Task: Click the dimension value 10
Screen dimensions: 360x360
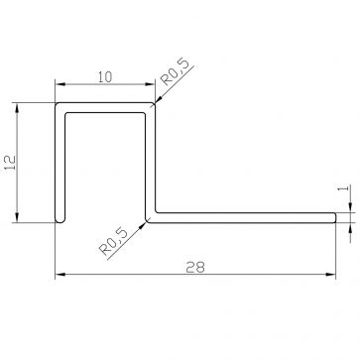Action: (x=103, y=72)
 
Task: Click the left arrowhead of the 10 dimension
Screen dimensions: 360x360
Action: (x=59, y=83)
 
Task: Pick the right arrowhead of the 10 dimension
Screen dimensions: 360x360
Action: (x=148, y=83)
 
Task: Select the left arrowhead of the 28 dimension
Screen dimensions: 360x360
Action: (x=59, y=274)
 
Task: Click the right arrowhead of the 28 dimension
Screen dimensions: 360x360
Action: (x=331, y=274)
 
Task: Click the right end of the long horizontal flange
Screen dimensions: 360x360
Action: (x=332, y=215)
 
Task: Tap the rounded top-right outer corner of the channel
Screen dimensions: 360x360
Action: (x=155, y=104)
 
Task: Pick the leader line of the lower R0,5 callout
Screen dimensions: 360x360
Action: (x=137, y=227)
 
